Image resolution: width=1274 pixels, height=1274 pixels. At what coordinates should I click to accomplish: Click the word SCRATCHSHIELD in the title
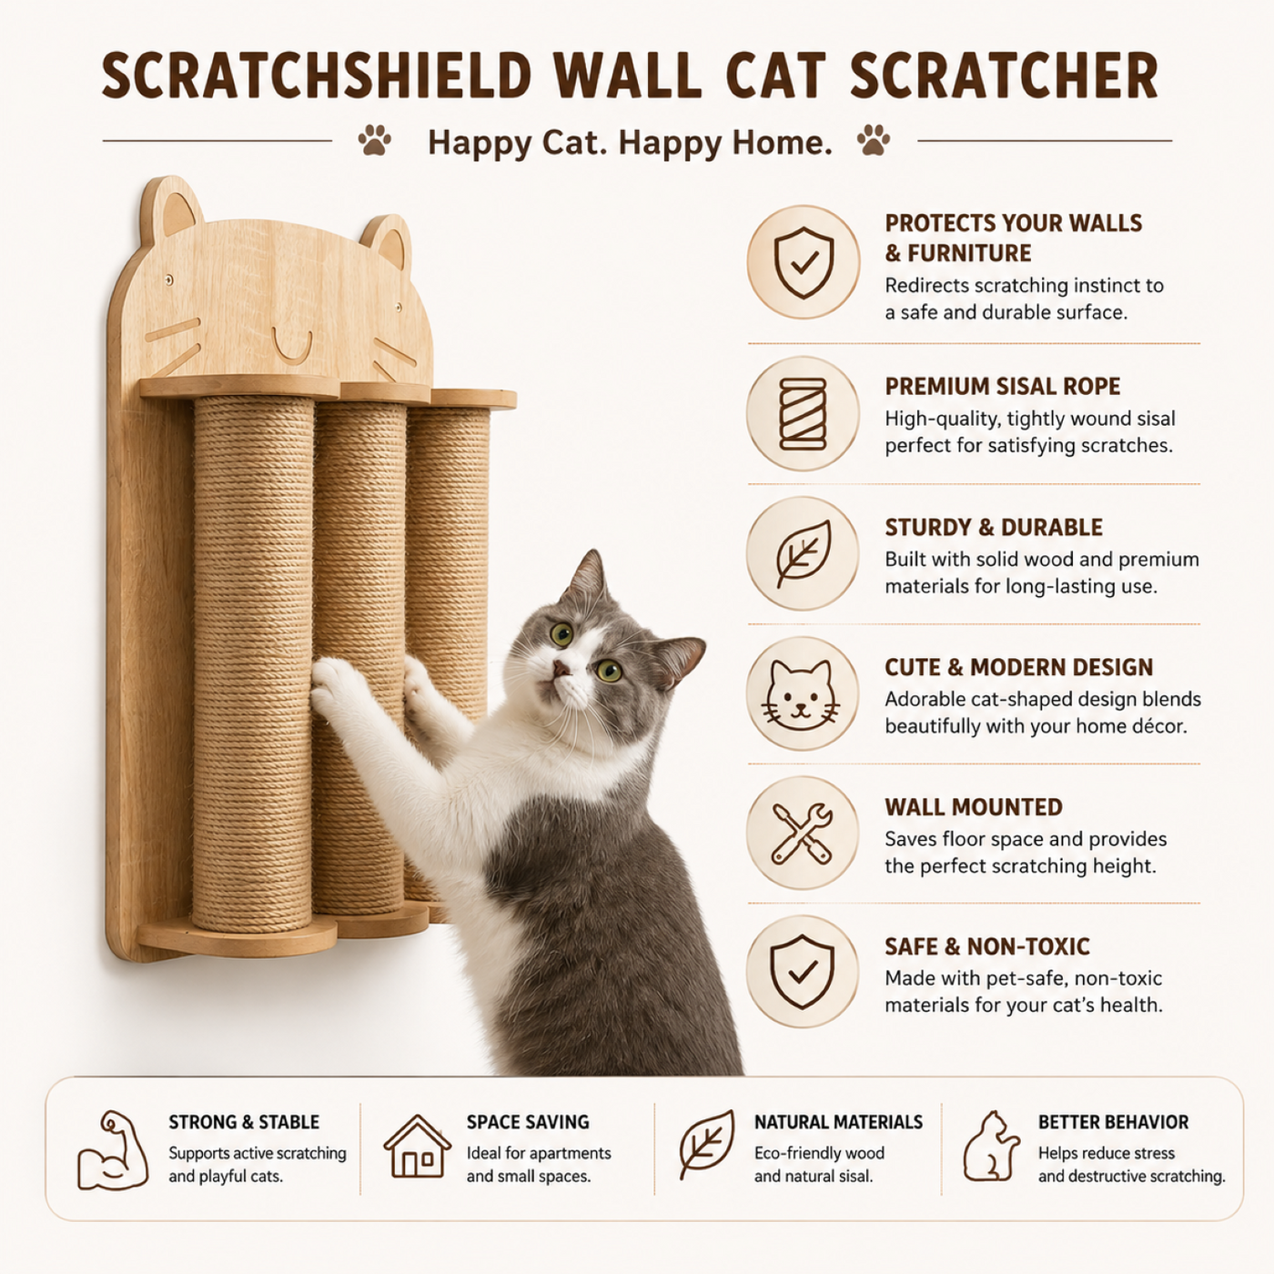[317, 76]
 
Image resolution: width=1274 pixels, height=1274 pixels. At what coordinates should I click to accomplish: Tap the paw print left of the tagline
[374, 140]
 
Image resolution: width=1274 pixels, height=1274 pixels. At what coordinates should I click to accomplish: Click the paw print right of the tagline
[873, 139]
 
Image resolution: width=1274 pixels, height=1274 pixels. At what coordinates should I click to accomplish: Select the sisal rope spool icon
[803, 414]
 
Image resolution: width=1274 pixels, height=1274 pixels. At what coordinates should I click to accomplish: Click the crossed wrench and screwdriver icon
[802, 833]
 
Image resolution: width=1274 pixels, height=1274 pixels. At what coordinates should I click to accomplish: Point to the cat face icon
[801, 695]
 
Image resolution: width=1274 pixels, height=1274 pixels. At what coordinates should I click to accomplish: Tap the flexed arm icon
[113, 1151]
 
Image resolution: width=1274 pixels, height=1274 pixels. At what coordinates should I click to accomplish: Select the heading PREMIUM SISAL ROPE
[1002, 387]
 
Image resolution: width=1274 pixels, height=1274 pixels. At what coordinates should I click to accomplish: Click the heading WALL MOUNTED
[973, 807]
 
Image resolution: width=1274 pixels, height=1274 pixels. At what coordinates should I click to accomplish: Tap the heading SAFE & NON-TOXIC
[987, 946]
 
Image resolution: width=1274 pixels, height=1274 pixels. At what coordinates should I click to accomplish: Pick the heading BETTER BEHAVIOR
[1113, 1122]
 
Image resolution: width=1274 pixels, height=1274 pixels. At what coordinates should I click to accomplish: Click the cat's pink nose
[561, 669]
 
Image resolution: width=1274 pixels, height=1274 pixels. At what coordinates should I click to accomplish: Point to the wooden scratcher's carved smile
[291, 347]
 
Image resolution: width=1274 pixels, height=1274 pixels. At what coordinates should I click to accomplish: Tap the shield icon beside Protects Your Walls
[804, 262]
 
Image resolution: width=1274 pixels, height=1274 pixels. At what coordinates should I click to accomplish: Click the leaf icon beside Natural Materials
[707, 1145]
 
